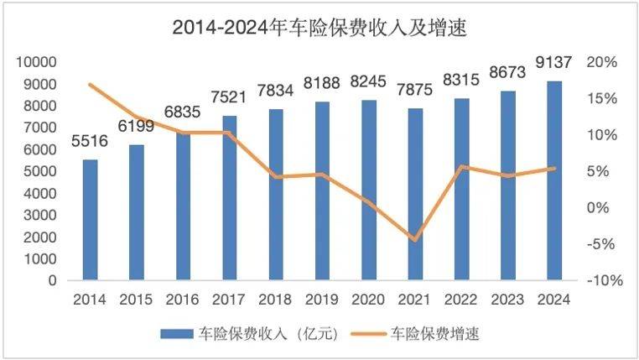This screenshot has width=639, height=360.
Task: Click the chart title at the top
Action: pos(319,27)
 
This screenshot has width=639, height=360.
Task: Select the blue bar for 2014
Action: pos(90,219)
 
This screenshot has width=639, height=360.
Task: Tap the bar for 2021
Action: pos(415,194)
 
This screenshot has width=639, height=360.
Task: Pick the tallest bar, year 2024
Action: pos(554,180)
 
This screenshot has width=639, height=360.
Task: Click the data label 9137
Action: pos(554,64)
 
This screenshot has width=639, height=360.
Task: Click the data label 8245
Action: pos(369,82)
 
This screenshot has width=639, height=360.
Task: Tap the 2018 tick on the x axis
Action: pos(275,300)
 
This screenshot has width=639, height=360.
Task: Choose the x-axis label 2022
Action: pos(461,300)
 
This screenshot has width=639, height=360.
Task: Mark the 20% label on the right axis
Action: pos(602,62)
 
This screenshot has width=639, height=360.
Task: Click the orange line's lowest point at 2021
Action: pos(415,240)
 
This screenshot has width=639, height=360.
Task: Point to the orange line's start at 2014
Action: pos(90,85)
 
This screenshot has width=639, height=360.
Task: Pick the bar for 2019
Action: pos(322,190)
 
